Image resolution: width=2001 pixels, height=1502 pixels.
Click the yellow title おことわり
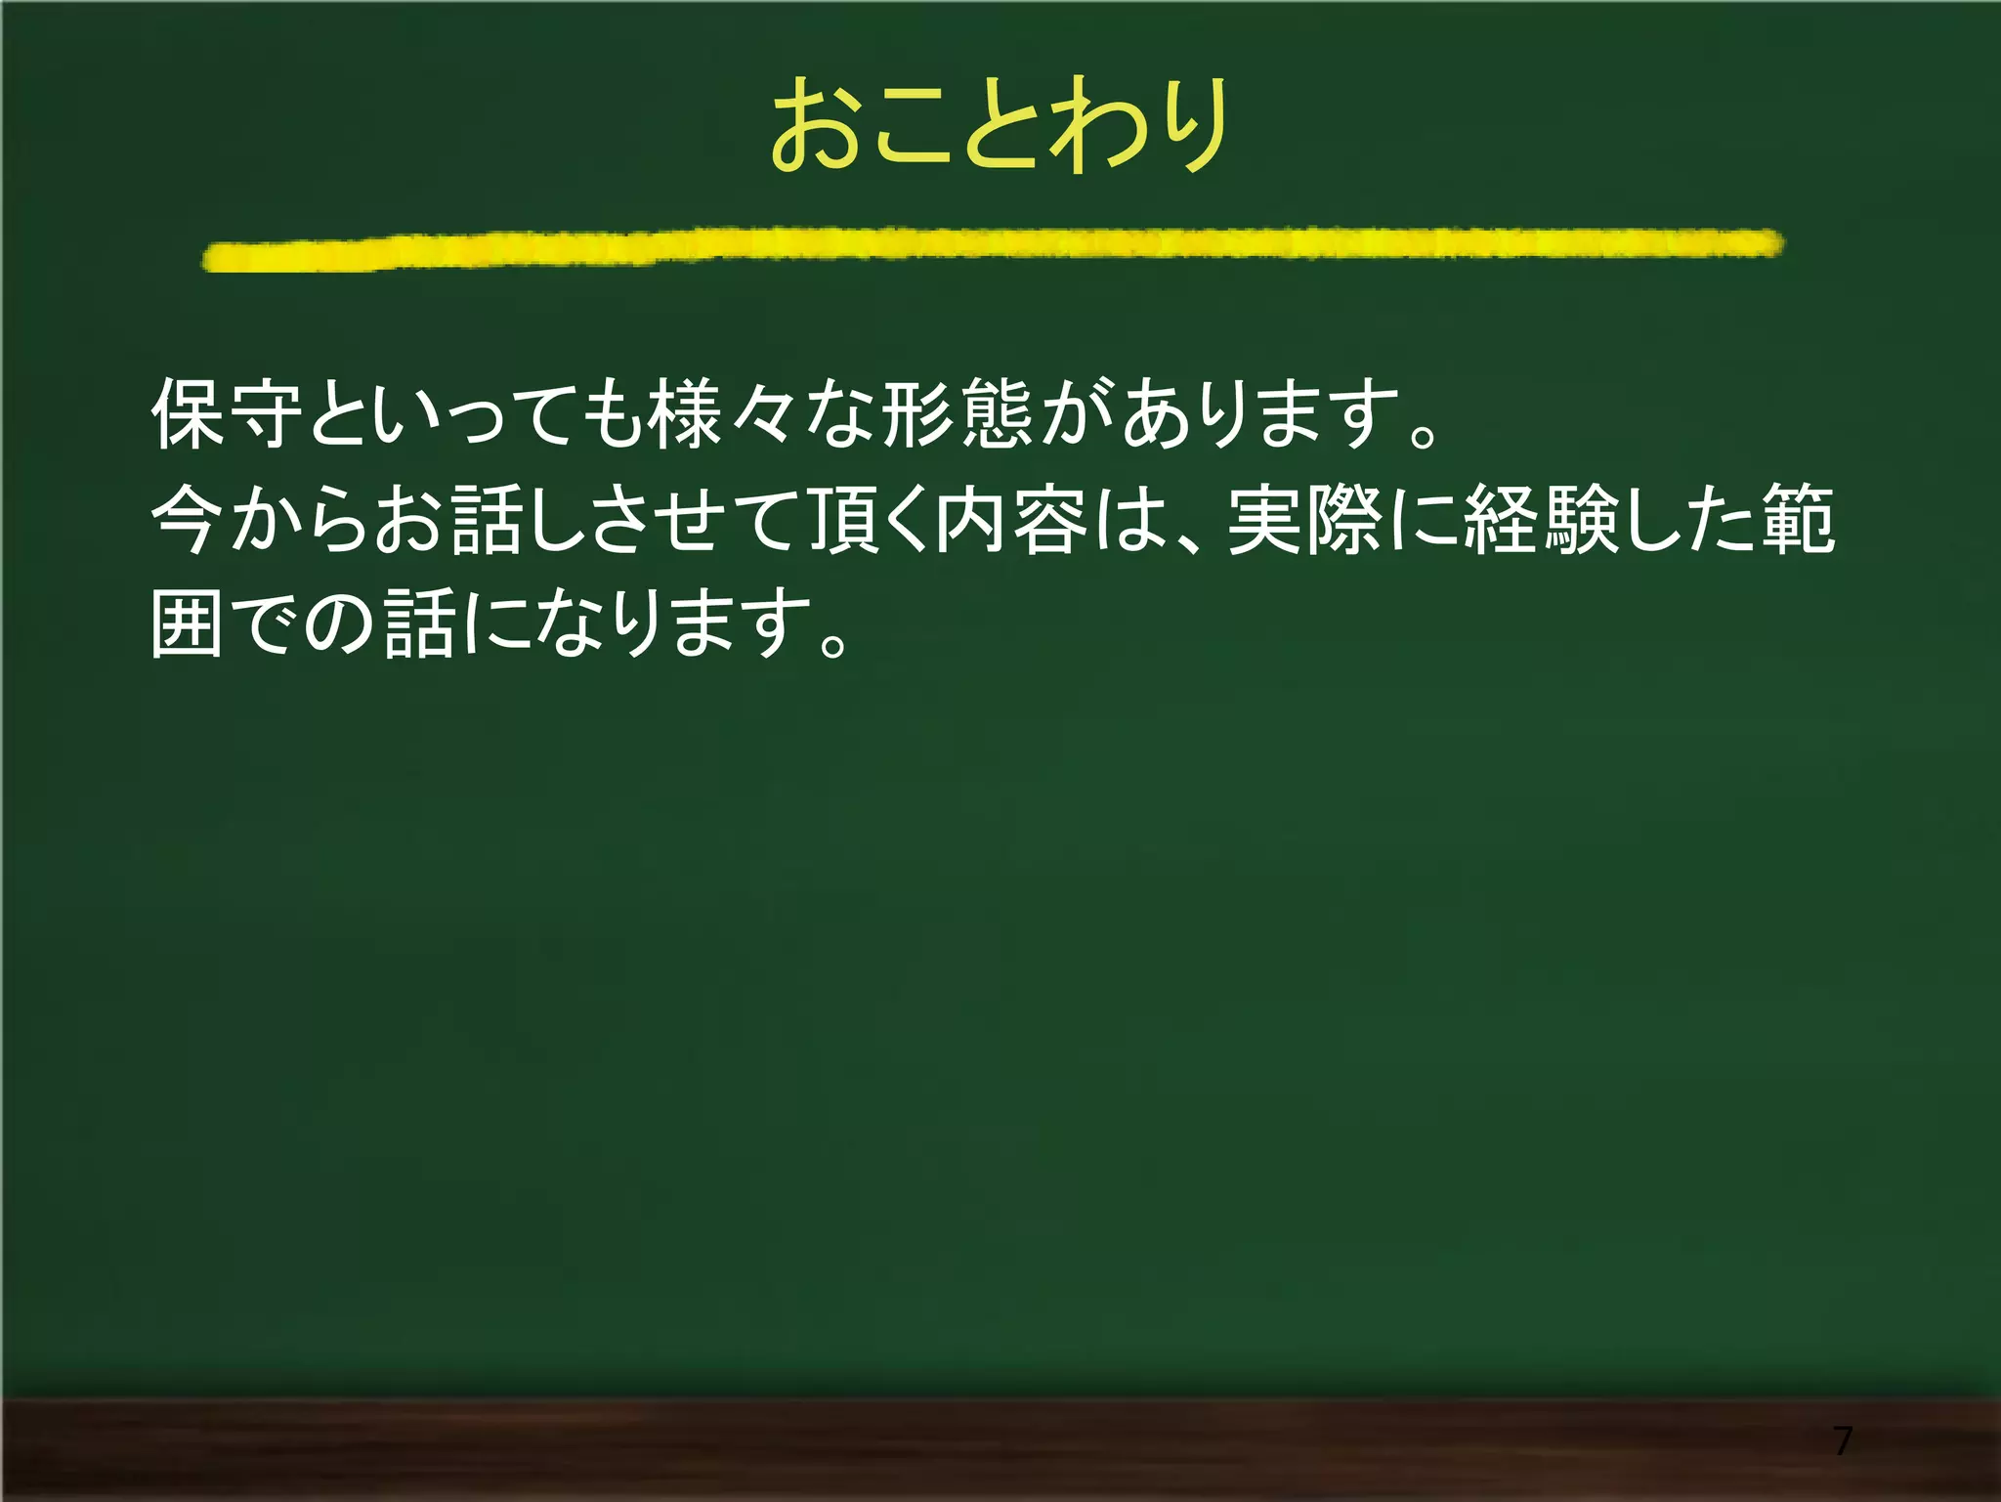(1000, 125)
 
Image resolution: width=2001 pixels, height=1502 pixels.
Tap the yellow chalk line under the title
(993, 248)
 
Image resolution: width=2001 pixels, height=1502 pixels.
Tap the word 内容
(1011, 519)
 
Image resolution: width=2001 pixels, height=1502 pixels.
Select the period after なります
(833, 642)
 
